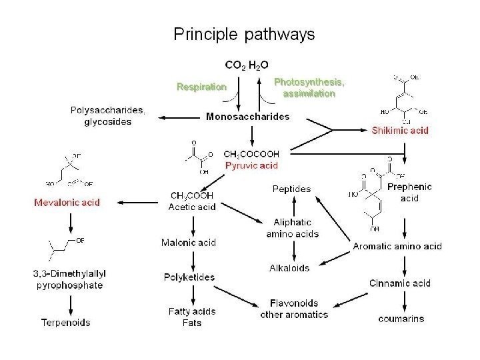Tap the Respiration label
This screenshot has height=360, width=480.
(x=201, y=87)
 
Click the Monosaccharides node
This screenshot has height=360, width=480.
(x=247, y=117)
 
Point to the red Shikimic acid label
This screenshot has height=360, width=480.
(x=400, y=131)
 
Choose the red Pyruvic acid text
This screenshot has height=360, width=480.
(x=251, y=164)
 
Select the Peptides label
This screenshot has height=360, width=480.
(x=291, y=189)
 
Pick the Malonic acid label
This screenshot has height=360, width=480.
(x=189, y=243)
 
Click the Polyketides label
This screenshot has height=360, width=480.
(x=189, y=277)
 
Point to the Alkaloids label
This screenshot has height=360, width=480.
(x=289, y=268)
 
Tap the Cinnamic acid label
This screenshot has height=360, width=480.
(x=400, y=283)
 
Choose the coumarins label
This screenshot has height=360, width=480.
(x=401, y=319)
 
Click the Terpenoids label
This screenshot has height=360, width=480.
(x=65, y=323)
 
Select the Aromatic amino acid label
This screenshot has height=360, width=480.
(x=397, y=247)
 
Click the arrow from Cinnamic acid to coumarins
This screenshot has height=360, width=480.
(x=405, y=300)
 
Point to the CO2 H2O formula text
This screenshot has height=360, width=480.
(x=247, y=65)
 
